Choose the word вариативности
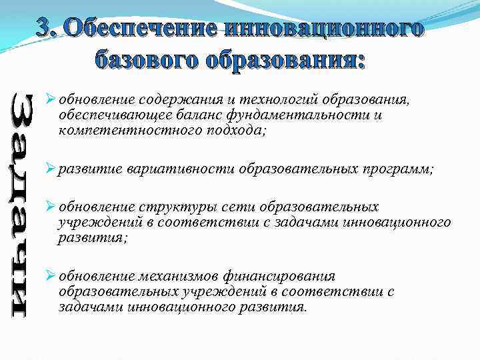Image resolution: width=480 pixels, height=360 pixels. click(x=179, y=169)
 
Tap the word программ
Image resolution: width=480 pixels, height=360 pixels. click(x=395, y=169)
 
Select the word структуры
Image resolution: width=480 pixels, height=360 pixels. click(x=170, y=207)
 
